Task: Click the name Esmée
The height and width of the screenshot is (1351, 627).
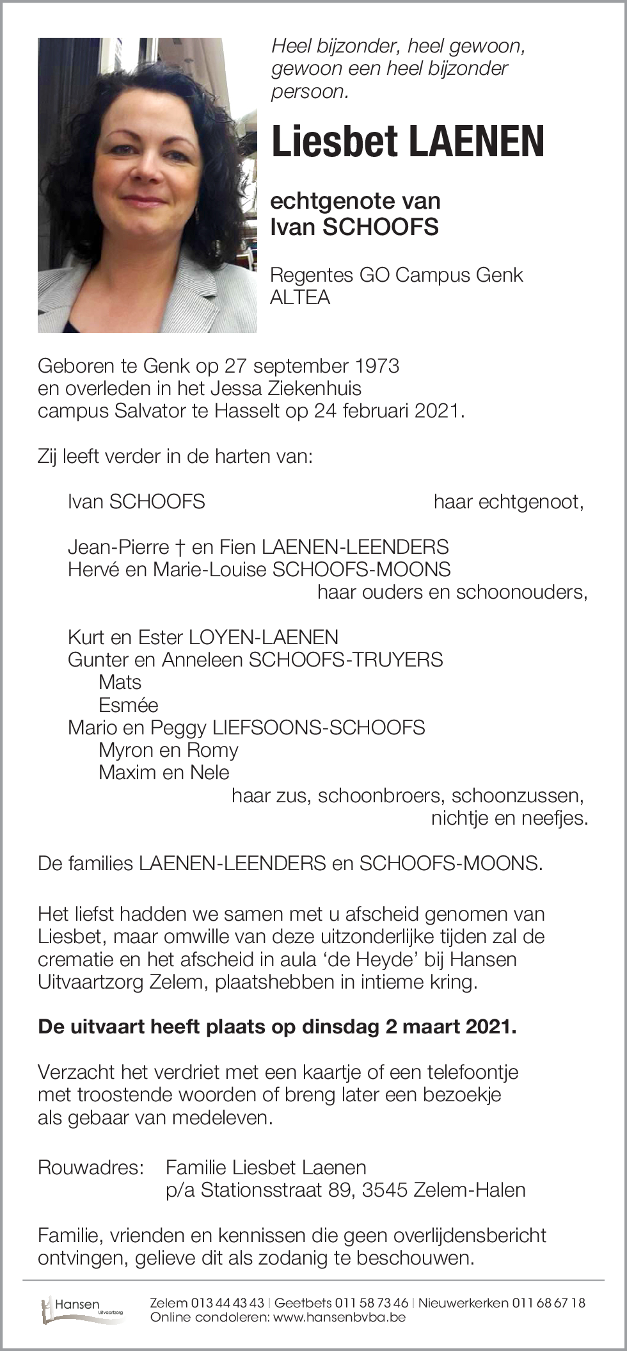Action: click(128, 705)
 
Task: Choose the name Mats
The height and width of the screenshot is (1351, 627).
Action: click(120, 683)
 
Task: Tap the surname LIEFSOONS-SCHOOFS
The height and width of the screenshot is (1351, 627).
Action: click(318, 727)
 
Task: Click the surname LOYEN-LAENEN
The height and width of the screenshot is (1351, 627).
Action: click(263, 637)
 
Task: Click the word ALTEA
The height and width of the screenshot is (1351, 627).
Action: click(300, 298)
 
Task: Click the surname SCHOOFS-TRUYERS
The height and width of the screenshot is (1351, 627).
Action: click(345, 659)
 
